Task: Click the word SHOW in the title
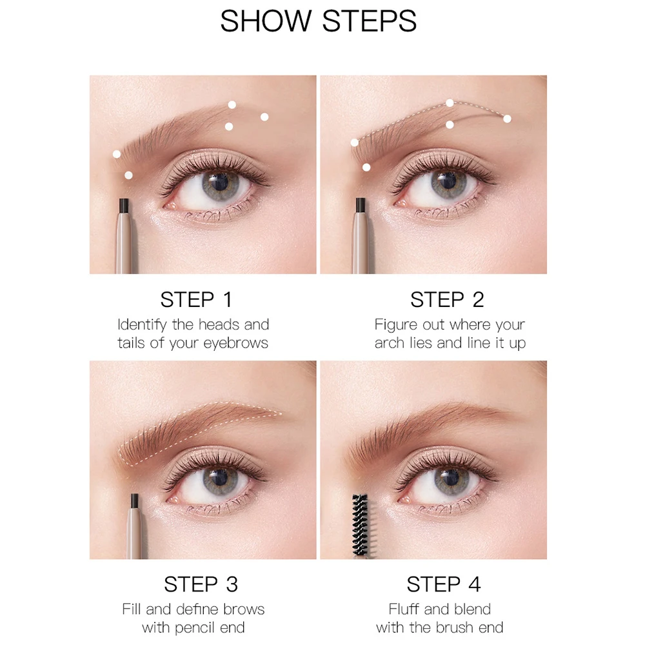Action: pyautogui.click(x=266, y=21)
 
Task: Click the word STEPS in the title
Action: pyautogui.click(x=370, y=21)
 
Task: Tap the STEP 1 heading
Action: pyautogui.click(x=196, y=299)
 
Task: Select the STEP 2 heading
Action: pyautogui.click(x=447, y=299)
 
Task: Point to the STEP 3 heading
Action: pyautogui.click(x=201, y=584)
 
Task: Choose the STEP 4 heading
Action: pyautogui.click(x=444, y=584)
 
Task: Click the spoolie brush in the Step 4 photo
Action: pyautogui.click(x=360, y=525)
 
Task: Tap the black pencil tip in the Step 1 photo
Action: pyautogui.click(x=124, y=206)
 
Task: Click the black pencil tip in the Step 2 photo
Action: pyautogui.click(x=361, y=206)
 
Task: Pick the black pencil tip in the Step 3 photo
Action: pyautogui.click(x=134, y=501)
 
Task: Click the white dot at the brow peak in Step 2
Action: pyautogui.click(x=450, y=103)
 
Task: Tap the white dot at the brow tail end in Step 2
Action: pyautogui.click(x=507, y=119)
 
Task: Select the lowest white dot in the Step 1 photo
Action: pyautogui.click(x=128, y=175)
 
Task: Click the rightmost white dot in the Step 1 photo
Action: pyautogui.click(x=264, y=117)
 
